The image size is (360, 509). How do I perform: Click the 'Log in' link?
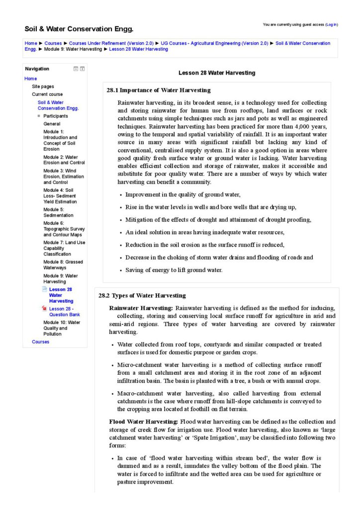point(332,24)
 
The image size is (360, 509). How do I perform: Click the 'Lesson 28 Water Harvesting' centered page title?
point(217,73)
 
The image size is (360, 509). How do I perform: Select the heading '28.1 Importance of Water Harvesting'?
point(159,90)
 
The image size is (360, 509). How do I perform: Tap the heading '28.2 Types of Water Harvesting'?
point(142,296)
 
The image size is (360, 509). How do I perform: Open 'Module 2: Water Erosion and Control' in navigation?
point(64,160)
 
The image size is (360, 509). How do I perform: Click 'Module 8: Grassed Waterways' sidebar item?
point(63,265)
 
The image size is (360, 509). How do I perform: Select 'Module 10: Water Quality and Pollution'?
point(62,328)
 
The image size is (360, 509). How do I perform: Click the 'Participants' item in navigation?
point(56,116)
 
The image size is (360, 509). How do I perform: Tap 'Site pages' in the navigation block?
point(43,86)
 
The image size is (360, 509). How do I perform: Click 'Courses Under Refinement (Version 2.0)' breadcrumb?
point(111,43)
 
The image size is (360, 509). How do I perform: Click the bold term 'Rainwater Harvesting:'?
point(141,308)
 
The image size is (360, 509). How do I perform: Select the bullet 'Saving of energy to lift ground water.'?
point(174,270)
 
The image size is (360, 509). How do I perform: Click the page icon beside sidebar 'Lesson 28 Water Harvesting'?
point(45,289)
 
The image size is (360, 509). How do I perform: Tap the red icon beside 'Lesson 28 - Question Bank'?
point(45,309)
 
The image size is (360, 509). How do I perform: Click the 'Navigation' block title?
point(37,69)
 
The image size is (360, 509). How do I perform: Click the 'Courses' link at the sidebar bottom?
point(40,342)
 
